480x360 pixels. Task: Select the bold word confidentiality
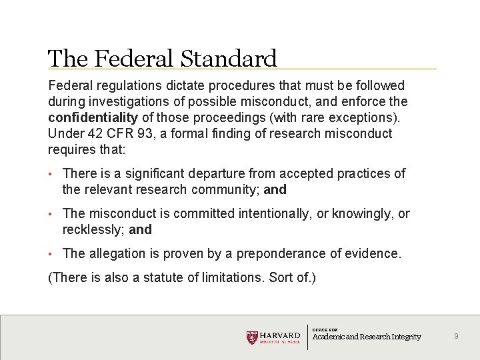pyautogui.click(x=93, y=117)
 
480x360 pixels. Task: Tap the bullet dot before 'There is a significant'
pyautogui.click(x=51, y=174)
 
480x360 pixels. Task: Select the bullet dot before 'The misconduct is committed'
pyautogui.click(x=51, y=214)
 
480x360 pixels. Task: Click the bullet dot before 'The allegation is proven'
pyautogui.click(x=51, y=254)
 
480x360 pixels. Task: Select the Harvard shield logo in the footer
pyautogui.click(x=251, y=337)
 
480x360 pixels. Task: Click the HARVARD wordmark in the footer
pyautogui.click(x=280, y=335)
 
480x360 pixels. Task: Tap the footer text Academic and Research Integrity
pyautogui.click(x=367, y=337)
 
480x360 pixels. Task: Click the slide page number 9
pyautogui.click(x=456, y=337)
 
